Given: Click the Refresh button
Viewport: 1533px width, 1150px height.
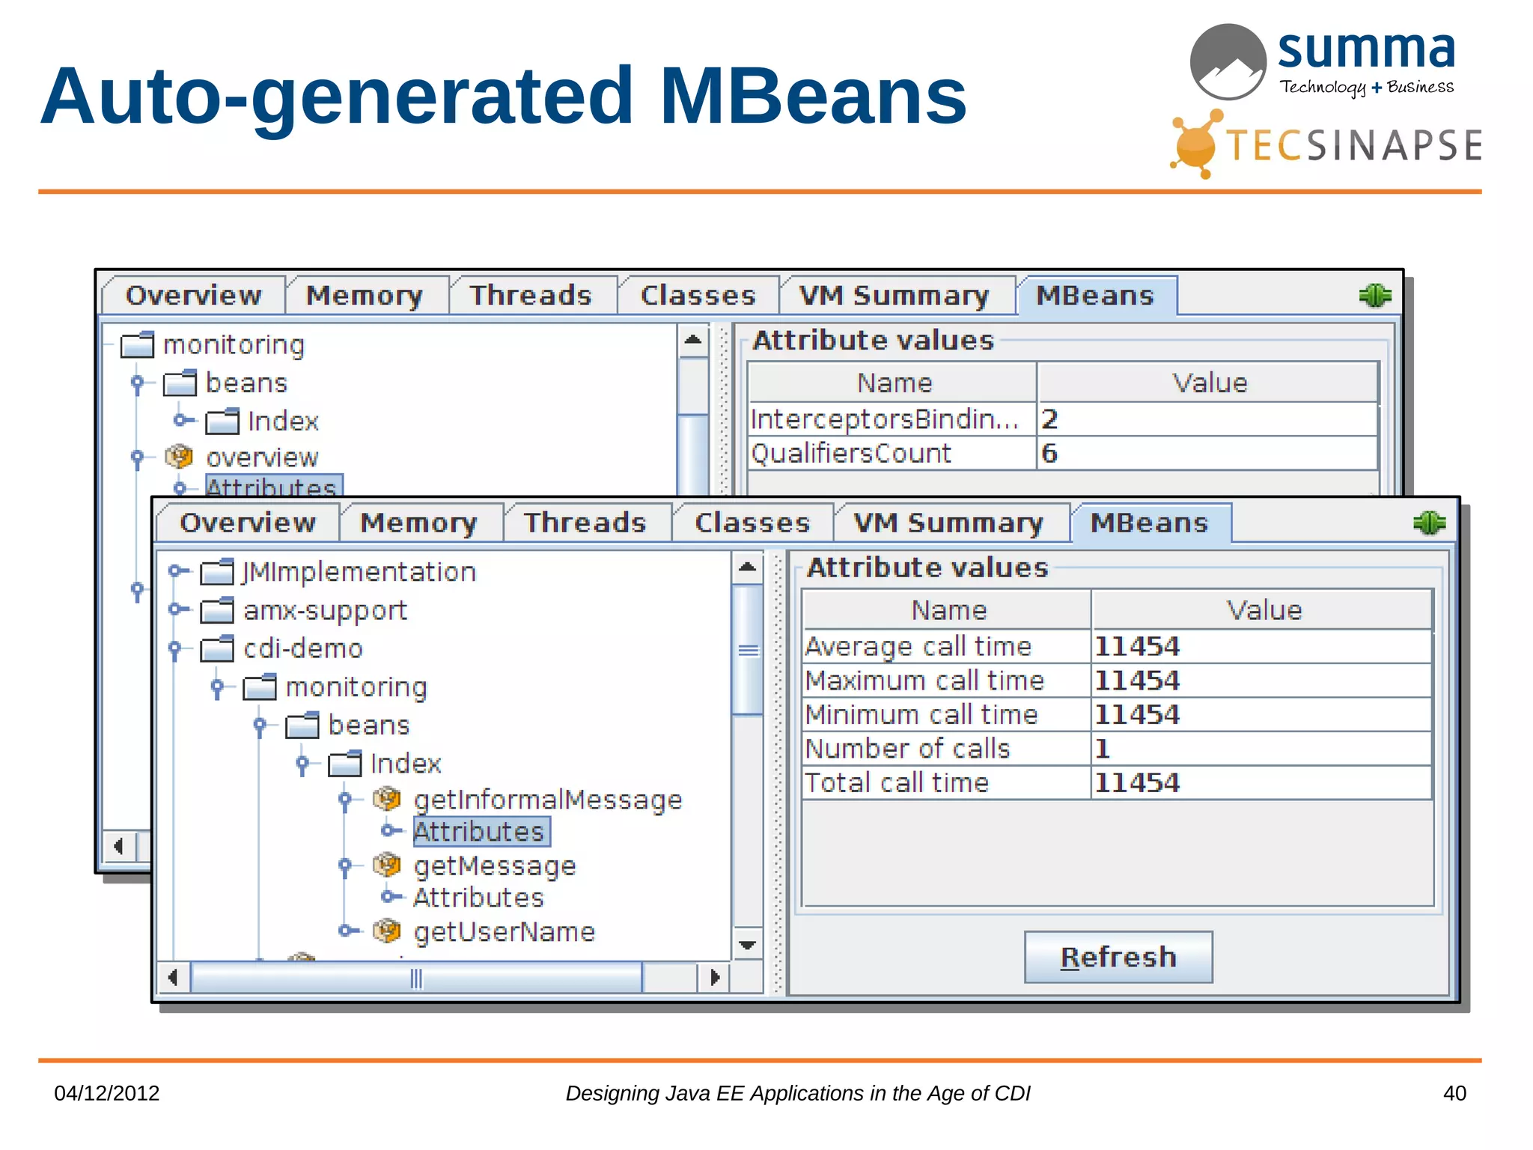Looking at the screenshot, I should [1118, 957].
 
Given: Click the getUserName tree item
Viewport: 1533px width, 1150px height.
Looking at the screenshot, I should [505, 931].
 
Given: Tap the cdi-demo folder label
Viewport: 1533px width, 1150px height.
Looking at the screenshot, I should [302, 648].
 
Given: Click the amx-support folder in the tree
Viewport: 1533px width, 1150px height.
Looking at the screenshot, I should [324, 610].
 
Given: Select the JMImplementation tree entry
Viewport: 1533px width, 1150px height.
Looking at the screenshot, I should [359, 572].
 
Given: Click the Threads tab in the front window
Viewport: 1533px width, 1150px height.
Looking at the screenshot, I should [585, 523].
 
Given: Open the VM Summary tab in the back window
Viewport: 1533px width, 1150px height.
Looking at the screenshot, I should [894, 296].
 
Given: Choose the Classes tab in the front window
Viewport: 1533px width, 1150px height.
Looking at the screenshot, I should [752, 523].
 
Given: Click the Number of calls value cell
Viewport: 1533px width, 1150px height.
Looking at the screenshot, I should [1261, 749].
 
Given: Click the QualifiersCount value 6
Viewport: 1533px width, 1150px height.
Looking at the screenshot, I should [1207, 454].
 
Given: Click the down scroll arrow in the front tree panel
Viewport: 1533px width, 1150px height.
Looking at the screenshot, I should [747, 945].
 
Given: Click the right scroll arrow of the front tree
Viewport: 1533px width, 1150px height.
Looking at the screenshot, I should [715, 977].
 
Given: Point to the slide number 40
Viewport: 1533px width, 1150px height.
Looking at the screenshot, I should [1454, 1093].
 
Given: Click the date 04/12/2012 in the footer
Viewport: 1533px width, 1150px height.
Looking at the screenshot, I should [107, 1093].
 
